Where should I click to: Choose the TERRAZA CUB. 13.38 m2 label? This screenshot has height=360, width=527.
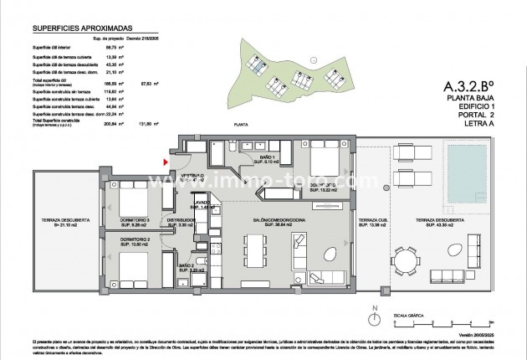[370, 223]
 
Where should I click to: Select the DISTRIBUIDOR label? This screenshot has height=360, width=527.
[181, 223]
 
